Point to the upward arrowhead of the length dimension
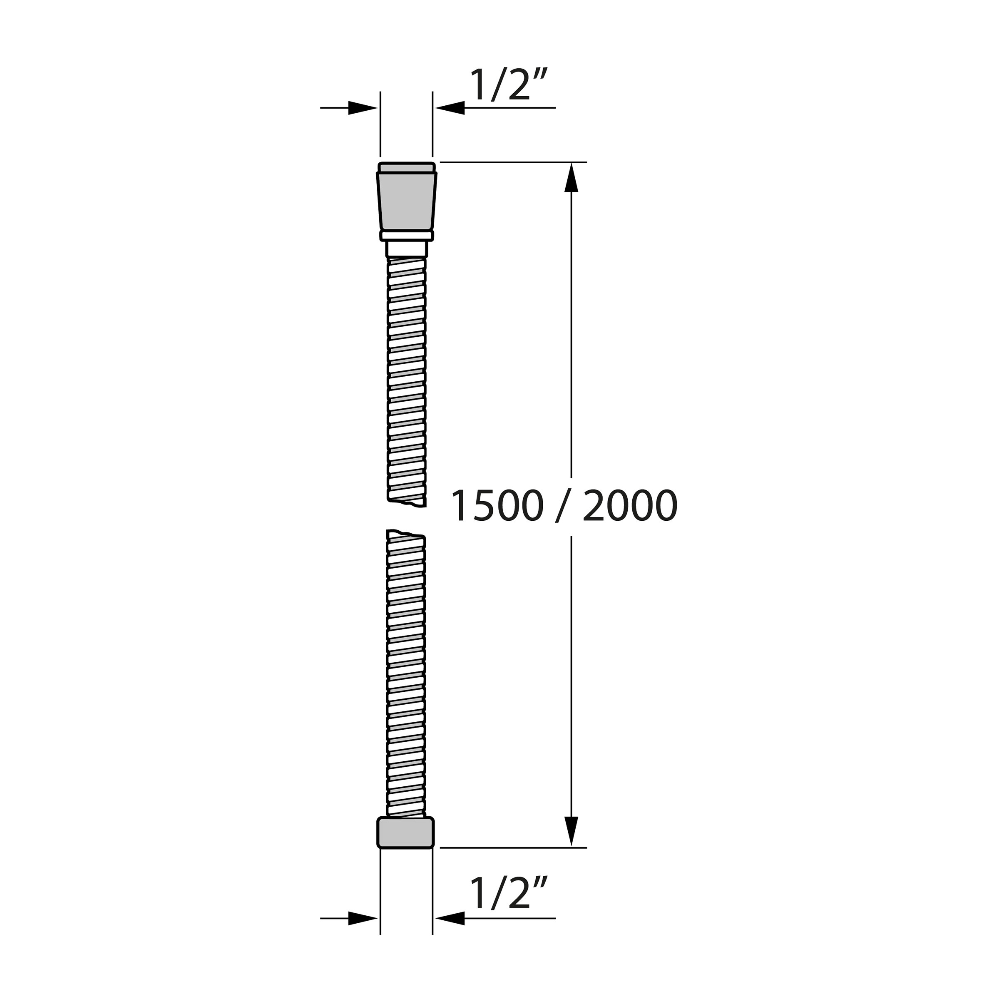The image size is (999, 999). pyautogui.click(x=571, y=177)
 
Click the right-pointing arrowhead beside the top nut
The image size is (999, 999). pyautogui.click(x=363, y=108)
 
